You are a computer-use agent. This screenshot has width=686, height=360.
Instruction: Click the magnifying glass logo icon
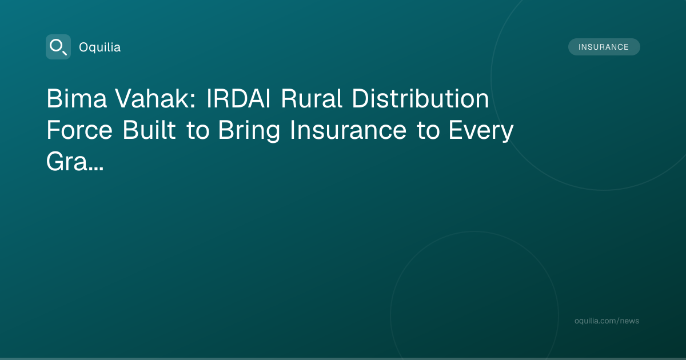[58, 47]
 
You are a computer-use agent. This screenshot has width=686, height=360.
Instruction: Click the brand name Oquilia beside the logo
[100, 47]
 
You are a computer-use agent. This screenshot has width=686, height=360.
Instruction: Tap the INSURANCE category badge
[604, 47]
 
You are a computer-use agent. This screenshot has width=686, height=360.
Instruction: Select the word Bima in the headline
[77, 98]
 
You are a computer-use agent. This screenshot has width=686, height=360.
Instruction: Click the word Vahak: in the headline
[155, 98]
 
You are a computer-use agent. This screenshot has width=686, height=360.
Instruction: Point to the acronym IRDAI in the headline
[238, 98]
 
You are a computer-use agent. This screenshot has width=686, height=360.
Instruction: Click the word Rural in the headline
[311, 98]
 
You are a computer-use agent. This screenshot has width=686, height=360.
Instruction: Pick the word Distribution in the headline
[420, 98]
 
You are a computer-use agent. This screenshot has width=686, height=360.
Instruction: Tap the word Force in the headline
[79, 130]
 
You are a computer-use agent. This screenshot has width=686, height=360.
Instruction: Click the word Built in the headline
[149, 130]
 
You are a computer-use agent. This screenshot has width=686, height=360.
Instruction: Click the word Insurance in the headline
[348, 130]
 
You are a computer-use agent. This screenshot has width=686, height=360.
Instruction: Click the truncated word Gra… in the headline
[75, 162]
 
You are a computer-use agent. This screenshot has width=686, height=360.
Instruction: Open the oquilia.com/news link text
[607, 321]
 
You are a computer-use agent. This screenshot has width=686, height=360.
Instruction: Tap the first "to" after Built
[198, 131]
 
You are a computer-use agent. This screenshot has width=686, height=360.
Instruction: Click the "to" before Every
[428, 131]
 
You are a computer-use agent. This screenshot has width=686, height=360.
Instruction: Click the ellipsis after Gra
[96, 169]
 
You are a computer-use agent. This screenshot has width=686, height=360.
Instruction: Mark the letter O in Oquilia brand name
[84, 47]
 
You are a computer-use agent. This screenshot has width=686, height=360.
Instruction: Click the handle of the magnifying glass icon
[65, 53]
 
